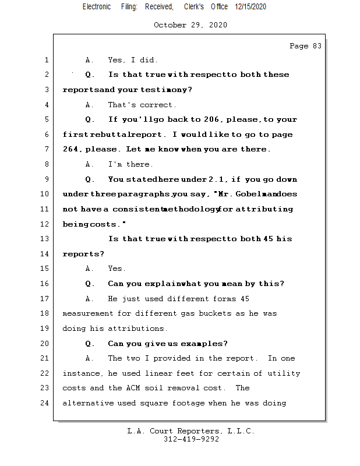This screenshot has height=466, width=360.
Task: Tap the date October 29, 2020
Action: pyautogui.click(x=190, y=25)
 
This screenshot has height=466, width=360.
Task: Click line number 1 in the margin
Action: pyautogui.click(x=46, y=60)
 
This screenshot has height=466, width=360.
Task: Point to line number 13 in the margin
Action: pyautogui.click(x=44, y=239)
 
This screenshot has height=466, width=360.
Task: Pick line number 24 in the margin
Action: pyautogui.click(x=44, y=403)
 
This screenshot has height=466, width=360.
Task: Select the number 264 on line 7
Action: pyautogui.click(x=72, y=150)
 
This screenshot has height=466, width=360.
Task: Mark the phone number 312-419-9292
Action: pyautogui.click(x=191, y=440)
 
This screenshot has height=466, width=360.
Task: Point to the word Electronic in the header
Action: pyautogui.click(x=97, y=6)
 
